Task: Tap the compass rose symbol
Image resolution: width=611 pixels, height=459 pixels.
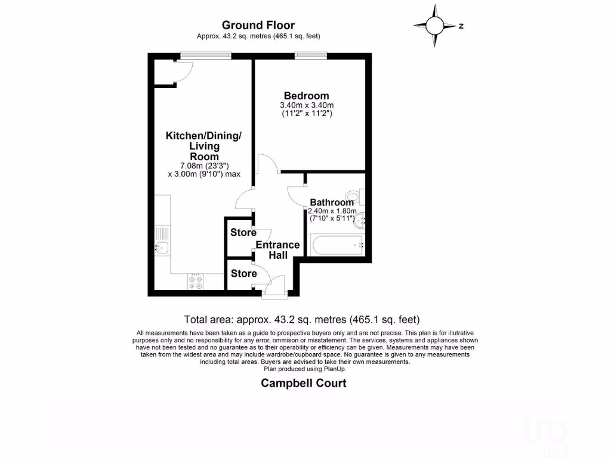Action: [435, 26]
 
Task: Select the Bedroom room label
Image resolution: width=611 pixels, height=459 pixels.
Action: [306, 96]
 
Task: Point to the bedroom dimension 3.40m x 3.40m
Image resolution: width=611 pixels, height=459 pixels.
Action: [306, 106]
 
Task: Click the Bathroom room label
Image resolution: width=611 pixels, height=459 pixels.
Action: [332, 203]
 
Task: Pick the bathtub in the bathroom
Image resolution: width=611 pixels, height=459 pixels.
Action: [335, 245]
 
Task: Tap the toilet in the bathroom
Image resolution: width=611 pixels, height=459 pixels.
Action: [354, 195]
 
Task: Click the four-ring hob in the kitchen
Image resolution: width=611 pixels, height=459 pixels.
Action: [196, 282]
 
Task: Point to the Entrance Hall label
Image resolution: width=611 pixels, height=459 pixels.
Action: [277, 250]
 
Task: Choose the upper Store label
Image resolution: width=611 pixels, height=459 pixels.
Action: [243, 232]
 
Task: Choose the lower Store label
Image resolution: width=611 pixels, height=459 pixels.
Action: [243, 274]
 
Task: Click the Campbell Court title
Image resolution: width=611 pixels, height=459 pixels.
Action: [304, 383]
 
